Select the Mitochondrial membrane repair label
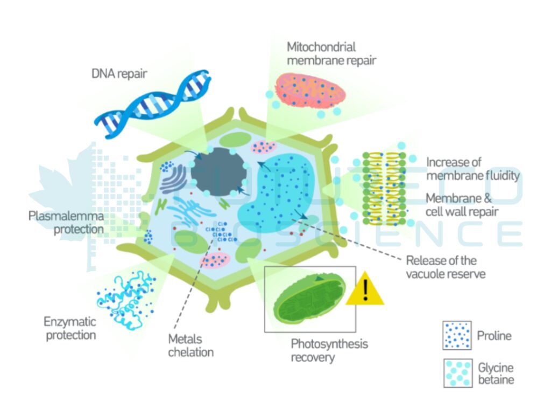point(331,53)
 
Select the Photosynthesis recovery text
point(329,350)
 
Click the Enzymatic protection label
point(70,328)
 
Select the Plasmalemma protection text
point(66,223)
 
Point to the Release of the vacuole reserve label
point(446,267)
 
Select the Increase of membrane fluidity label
point(473,168)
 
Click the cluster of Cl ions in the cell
point(221,232)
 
